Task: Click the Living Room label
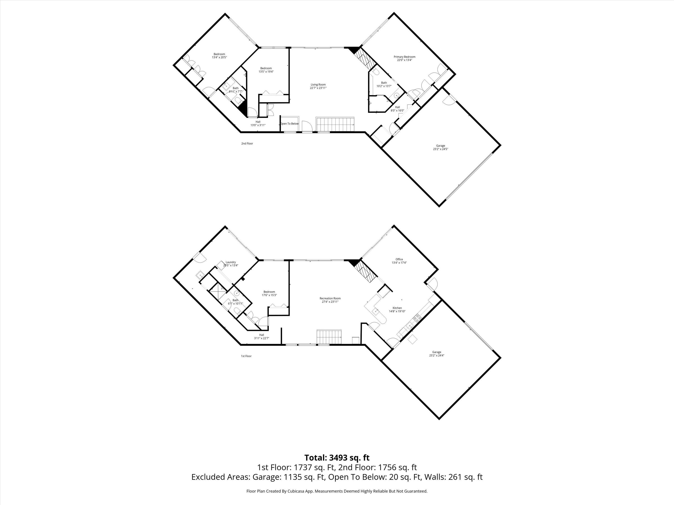coord(318,85)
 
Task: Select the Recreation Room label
coord(330,298)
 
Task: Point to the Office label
coord(399,259)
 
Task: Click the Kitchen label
coord(397,308)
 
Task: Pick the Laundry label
coord(231,262)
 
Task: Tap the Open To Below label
coord(289,124)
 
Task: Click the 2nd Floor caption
coord(247,143)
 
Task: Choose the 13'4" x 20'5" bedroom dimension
coord(219,57)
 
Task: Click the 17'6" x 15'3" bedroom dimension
coord(269,295)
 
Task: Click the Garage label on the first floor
coord(437,352)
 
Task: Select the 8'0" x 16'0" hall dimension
coord(397,110)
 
